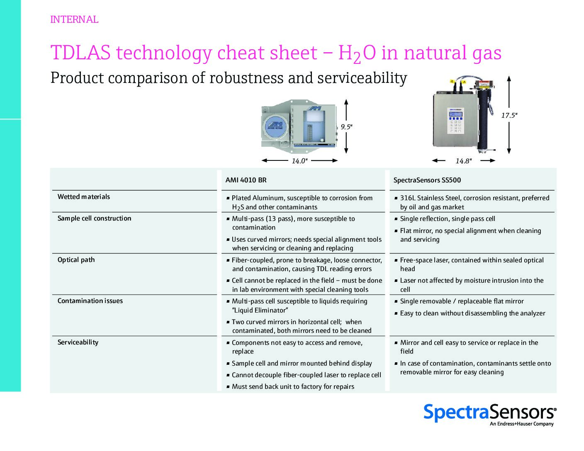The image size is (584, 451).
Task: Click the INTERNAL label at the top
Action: [x=74, y=19]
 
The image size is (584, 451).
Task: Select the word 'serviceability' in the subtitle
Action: [x=362, y=78]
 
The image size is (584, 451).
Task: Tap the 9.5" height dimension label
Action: [x=346, y=127]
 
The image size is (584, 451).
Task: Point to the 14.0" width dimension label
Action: [x=299, y=161]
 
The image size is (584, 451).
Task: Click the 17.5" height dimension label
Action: [x=509, y=116]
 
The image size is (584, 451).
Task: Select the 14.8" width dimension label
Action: [x=463, y=161]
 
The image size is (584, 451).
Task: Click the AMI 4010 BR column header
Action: [x=246, y=180]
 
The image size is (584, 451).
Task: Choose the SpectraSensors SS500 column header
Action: [x=427, y=180]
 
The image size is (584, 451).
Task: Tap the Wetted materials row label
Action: [x=84, y=196]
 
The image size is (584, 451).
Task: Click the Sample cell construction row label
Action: [x=94, y=218]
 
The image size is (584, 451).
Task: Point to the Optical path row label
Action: [x=76, y=260]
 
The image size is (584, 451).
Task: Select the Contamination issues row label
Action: [x=90, y=301]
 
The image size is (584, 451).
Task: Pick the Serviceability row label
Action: [x=78, y=342]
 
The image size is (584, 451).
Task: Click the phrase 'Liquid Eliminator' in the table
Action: [x=260, y=310]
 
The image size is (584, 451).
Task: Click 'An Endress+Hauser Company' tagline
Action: [x=521, y=424]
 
